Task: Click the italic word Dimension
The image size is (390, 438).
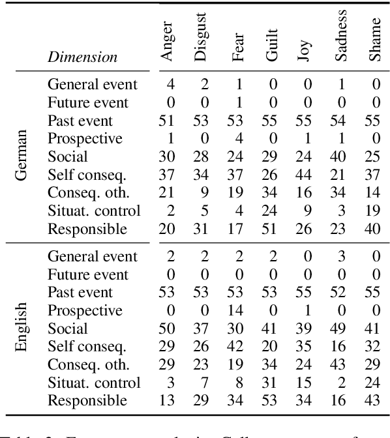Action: click(82, 57)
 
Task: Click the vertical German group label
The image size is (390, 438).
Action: click(22, 157)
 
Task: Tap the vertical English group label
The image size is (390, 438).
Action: click(22, 328)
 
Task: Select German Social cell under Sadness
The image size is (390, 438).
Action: click(339, 157)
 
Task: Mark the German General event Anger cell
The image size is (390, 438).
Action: click(170, 85)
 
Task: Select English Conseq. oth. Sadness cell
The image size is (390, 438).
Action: click(339, 365)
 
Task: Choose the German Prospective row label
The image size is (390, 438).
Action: click(85, 139)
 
